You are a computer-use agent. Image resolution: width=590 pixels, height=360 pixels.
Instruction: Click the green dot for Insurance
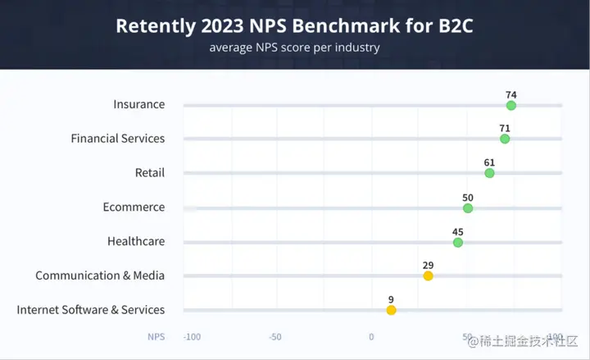click(511, 106)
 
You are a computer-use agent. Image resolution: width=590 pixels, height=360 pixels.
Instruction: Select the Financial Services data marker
click(505, 139)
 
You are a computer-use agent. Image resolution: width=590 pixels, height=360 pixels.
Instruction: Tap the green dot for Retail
click(489, 173)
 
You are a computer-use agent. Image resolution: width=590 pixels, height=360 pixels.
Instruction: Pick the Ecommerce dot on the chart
click(468, 208)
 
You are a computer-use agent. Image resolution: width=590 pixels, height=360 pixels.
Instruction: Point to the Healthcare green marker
click(458, 243)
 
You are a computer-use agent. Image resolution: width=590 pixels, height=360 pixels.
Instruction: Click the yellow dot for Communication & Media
click(428, 276)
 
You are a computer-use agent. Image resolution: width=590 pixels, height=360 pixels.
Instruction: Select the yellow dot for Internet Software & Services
click(391, 310)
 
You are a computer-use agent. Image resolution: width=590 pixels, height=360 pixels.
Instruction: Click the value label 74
click(511, 95)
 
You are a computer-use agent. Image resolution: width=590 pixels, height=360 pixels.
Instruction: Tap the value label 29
click(428, 265)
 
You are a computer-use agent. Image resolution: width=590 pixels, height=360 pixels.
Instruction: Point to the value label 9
click(391, 299)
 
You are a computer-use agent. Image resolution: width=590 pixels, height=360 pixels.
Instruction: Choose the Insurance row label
click(138, 104)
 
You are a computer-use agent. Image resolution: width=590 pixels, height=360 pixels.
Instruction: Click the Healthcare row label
click(135, 241)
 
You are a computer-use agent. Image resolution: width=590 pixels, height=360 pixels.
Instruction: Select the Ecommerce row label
click(134, 207)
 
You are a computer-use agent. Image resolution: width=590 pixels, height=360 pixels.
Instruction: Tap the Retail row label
click(149, 172)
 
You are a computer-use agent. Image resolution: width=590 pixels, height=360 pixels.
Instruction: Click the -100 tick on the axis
click(193, 337)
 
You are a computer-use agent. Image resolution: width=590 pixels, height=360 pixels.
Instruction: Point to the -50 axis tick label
click(275, 337)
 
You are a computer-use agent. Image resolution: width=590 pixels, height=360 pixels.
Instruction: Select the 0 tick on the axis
click(371, 337)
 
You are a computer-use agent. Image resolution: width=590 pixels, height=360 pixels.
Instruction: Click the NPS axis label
click(156, 337)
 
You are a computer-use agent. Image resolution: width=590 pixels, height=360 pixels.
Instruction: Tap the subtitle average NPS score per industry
click(294, 48)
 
